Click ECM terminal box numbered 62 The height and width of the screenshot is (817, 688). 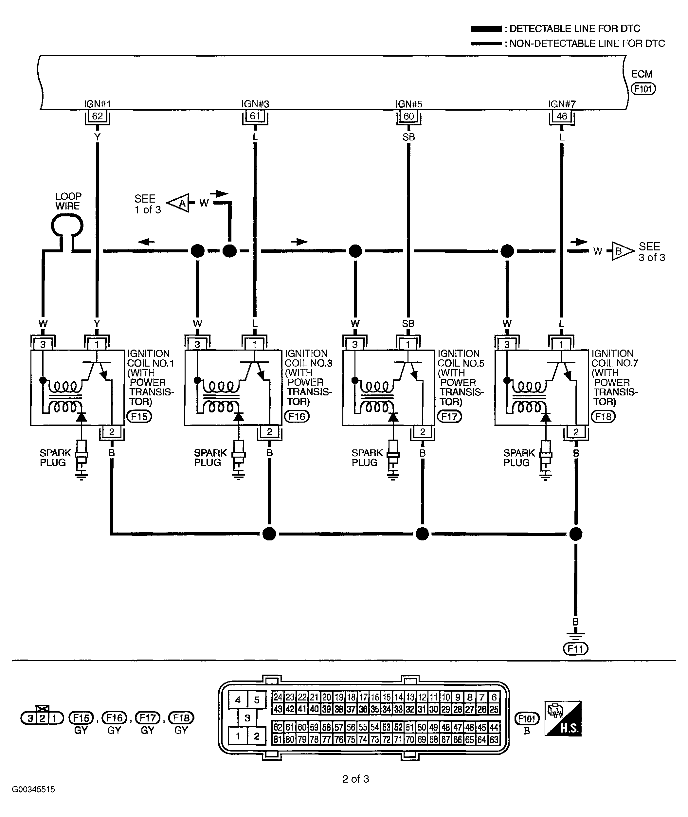[98, 116]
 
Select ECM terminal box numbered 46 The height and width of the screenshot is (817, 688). [562, 116]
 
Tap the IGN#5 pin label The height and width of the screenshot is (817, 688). [409, 104]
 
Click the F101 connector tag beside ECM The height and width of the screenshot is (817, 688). [643, 89]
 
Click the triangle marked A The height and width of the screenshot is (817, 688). [179, 203]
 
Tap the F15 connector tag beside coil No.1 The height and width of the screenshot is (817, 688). [139, 417]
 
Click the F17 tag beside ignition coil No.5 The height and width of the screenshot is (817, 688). [449, 417]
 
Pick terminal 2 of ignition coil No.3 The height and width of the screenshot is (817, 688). [269, 432]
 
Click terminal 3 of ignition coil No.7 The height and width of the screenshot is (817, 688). [507, 344]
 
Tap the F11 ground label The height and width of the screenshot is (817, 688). [576, 649]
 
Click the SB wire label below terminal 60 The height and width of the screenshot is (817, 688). [409, 137]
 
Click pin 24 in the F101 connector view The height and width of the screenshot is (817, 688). [278, 697]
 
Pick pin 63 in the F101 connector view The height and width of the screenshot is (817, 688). [494, 739]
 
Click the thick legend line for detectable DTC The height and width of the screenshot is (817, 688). [486, 29]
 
